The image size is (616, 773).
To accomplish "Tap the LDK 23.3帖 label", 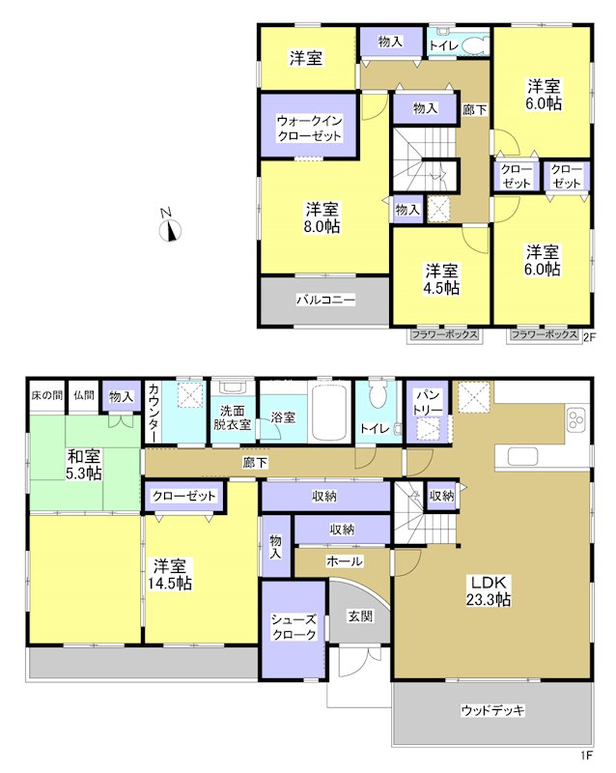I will click(490, 590).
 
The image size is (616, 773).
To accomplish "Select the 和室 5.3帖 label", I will click(85, 465).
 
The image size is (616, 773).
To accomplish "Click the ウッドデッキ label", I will click(491, 710).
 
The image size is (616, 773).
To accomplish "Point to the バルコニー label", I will click(324, 301).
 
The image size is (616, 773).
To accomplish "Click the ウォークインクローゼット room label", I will click(309, 129).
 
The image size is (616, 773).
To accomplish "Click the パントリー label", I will click(427, 404).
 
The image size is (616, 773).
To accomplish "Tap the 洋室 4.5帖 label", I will click(440, 278).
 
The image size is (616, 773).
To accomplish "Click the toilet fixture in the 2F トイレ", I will click(472, 44).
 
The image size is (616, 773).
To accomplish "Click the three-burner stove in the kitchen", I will click(577, 419).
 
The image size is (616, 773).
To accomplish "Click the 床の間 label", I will click(45, 395).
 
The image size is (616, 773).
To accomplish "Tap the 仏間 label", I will click(83, 395).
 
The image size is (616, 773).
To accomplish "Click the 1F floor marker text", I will click(586, 754).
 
